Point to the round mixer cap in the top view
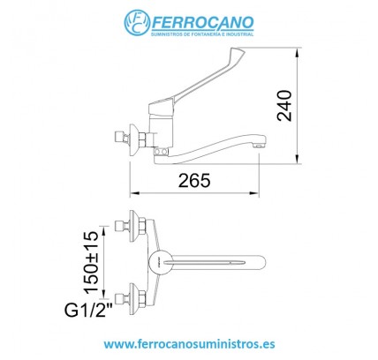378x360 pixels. [154, 259]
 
